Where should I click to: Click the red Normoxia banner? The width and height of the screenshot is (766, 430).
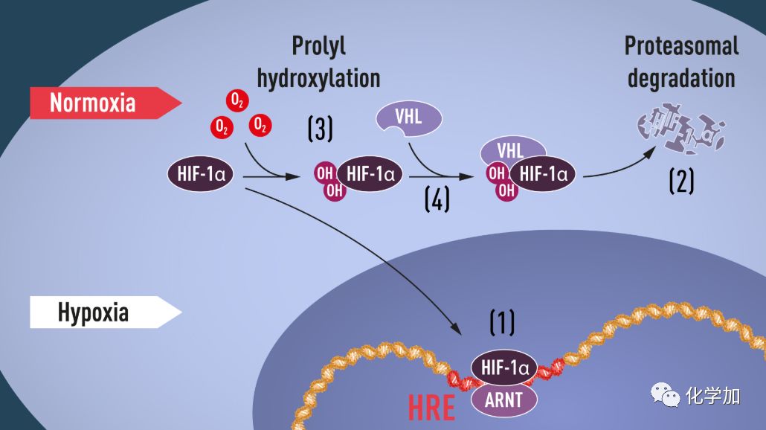coord(105,103)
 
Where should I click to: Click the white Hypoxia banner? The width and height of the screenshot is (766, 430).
coord(105,312)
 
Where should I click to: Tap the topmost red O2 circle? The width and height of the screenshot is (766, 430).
coord(237,100)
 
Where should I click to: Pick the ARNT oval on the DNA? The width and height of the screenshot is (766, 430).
coord(503,400)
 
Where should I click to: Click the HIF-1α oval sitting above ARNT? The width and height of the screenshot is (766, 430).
coord(504,368)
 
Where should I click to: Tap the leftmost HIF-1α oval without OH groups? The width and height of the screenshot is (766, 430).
coord(201,174)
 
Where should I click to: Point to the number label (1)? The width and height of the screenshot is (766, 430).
coord(502,323)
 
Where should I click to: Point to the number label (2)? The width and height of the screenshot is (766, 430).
coord(681,181)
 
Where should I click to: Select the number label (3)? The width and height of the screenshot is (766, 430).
coord(320,129)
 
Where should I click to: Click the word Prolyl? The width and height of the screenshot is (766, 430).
coord(318,46)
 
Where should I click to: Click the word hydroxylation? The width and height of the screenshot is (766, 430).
coord(318,78)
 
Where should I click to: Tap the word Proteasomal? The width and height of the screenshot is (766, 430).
coord(681,46)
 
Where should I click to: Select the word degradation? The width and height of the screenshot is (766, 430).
coord(681,78)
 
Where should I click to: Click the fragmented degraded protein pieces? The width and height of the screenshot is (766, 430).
coord(681,128)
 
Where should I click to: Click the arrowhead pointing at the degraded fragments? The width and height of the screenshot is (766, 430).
coord(650,152)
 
